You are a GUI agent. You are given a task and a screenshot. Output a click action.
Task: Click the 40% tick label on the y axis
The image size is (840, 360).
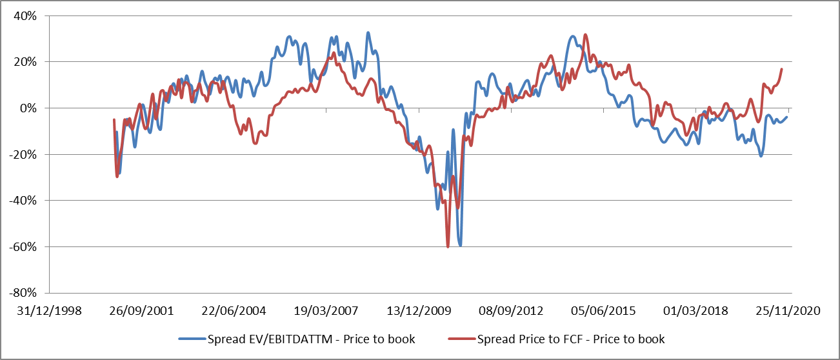pyautogui.click(x=26, y=15)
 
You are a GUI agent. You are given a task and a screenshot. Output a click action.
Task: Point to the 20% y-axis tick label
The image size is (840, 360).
pyautogui.click(x=26, y=62)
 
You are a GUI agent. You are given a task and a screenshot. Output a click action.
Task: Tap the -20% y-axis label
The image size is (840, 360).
pyautogui.click(x=25, y=155)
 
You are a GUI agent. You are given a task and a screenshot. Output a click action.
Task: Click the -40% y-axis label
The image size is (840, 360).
pyautogui.click(x=25, y=201)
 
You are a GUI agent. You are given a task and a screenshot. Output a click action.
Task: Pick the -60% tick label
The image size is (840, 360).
pyautogui.click(x=25, y=247)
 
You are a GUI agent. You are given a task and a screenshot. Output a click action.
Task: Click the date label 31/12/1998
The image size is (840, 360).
pyautogui.click(x=50, y=311)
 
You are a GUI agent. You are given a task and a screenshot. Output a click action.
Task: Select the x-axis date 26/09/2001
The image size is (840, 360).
pyautogui.click(x=142, y=311)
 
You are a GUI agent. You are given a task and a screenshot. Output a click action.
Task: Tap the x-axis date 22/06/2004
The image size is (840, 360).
pyautogui.click(x=235, y=311)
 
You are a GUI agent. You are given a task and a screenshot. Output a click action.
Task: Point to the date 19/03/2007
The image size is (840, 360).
pyautogui.click(x=327, y=311)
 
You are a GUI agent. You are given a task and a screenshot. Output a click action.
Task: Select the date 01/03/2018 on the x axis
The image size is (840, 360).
pyautogui.click(x=696, y=311)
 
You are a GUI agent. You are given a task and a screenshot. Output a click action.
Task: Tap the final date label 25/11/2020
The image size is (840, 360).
pyautogui.click(x=788, y=311)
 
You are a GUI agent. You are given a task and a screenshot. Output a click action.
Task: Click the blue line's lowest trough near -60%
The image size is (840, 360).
pyautogui.click(x=460, y=245)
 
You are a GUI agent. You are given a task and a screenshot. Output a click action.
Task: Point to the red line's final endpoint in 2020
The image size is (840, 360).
pyautogui.click(x=782, y=69)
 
